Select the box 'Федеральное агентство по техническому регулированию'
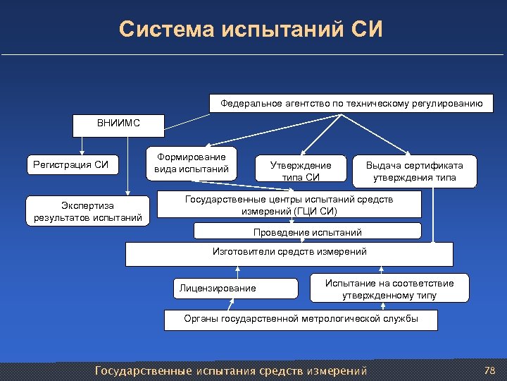coord(351,103)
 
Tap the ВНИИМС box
coord(118,123)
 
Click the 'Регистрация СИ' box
coord(71,165)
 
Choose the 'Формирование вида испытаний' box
coord(192,164)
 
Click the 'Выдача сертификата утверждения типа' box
coord(415,171)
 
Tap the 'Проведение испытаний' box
coord(307,232)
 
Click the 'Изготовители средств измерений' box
coord(289,253)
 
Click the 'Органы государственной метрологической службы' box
coord(301,320)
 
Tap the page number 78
coord(490,370)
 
